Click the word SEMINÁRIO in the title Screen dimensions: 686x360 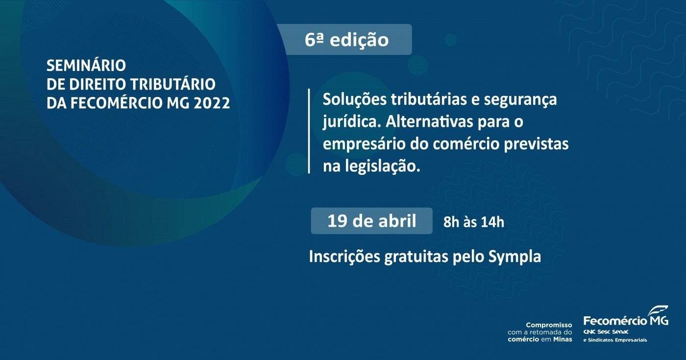point(86,65)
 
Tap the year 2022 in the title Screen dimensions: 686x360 point(212,103)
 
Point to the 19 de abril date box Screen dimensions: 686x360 point(371,221)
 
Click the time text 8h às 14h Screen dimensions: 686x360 point(474,222)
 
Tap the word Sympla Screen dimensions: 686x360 point(514,257)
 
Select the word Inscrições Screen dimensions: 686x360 point(344,257)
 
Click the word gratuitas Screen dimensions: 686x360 point(416,257)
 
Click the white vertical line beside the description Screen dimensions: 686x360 point(309,131)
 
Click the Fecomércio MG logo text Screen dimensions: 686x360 point(626,320)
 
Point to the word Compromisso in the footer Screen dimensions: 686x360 point(549,325)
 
